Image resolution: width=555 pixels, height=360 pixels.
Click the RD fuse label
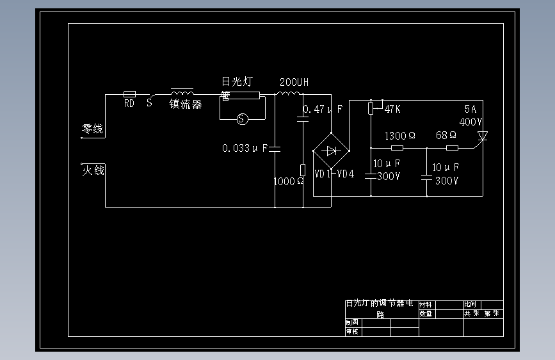129,103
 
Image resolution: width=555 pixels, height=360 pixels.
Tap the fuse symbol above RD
129,94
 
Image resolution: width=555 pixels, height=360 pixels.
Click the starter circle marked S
241,119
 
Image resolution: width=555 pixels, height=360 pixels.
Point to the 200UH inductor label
294,83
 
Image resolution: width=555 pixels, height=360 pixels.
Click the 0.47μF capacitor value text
323,110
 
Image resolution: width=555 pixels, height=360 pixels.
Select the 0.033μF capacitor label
245,149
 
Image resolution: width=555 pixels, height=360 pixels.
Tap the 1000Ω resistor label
289,181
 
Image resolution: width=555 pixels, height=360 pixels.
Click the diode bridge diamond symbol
330,151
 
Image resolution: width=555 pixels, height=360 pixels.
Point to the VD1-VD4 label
334,174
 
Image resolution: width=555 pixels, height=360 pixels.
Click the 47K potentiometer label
392,109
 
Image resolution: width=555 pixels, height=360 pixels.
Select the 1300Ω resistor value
399,136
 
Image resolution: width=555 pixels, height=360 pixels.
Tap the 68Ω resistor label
446,136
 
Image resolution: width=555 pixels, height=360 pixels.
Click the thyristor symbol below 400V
483,136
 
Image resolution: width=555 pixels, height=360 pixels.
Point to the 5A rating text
471,110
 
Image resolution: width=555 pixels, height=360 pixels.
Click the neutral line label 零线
92,129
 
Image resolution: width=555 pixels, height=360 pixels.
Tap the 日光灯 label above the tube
237,82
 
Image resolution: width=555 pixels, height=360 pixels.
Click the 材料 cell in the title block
426,305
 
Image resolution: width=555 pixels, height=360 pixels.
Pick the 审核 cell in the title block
352,332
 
